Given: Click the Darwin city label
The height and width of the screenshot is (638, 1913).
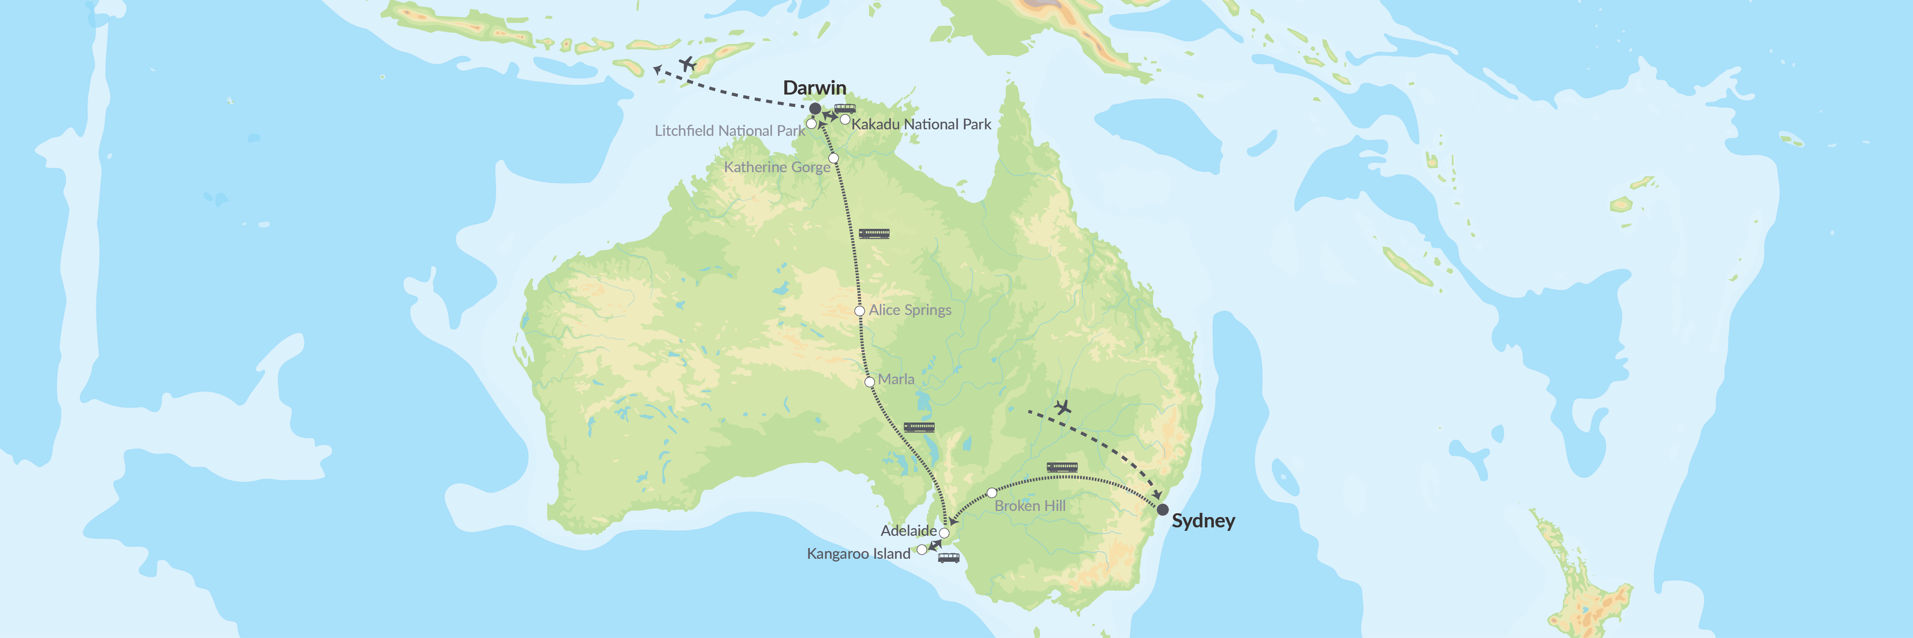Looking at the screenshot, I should (815, 88).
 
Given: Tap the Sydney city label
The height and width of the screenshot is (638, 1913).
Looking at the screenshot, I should (1203, 521).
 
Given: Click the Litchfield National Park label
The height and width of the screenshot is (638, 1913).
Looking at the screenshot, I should (729, 131).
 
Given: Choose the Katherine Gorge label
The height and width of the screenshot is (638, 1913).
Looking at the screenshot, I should (777, 167).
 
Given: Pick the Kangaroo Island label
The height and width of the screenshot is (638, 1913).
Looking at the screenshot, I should (859, 554).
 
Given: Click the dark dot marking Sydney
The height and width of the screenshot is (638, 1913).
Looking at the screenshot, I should (1163, 509).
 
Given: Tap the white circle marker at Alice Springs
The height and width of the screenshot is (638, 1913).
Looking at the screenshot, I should (859, 311).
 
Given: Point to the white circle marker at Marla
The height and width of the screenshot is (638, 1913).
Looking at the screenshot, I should (870, 382).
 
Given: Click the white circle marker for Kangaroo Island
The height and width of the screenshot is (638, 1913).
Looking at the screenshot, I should (922, 550).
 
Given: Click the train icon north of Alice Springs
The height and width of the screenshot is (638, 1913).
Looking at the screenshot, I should (874, 233).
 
